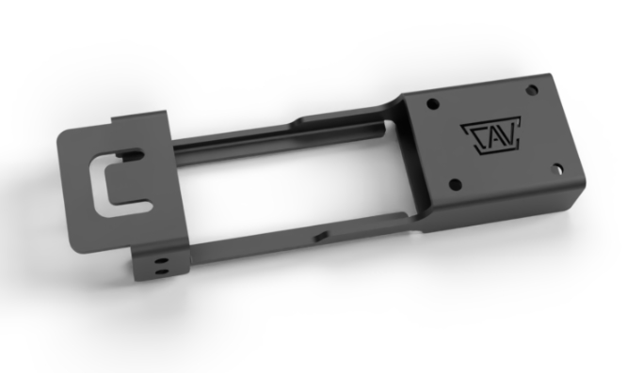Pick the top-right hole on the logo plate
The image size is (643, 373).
coord(531,90)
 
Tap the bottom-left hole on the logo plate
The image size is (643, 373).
coord(455,185)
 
